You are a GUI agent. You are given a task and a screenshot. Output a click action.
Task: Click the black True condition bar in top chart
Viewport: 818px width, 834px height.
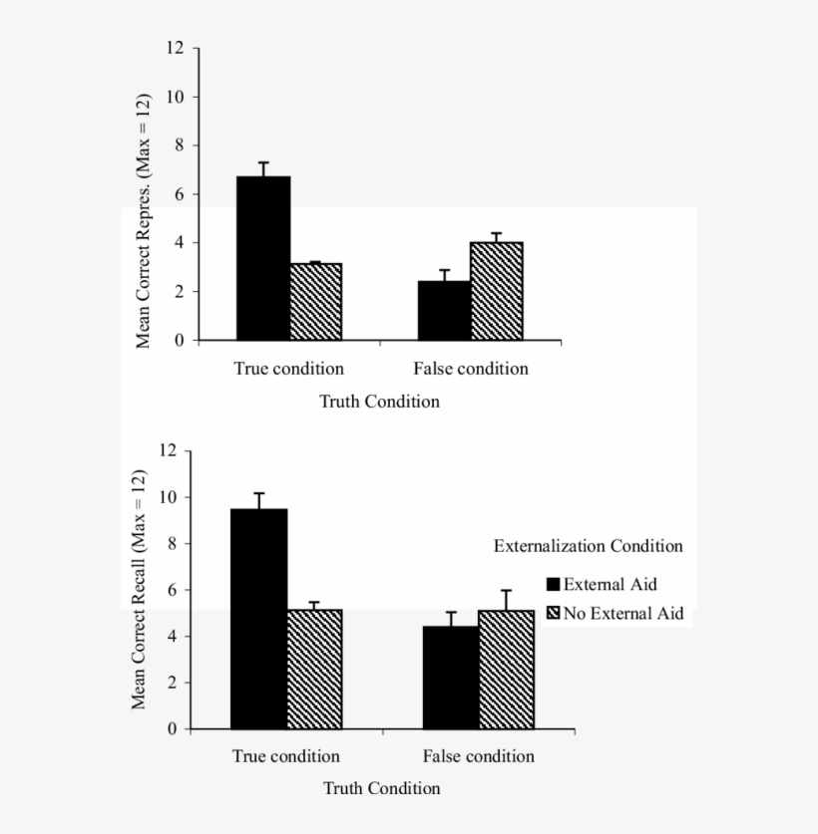[263, 258]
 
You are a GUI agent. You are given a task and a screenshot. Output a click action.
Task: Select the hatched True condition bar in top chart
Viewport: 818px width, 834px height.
[316, 302]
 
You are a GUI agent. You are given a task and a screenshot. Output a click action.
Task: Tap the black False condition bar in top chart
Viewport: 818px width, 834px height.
[444, 311]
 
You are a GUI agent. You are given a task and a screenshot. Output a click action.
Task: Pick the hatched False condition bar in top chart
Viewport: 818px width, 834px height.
[497, 291]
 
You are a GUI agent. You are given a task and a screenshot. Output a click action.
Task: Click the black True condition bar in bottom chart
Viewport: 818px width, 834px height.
[259, 618]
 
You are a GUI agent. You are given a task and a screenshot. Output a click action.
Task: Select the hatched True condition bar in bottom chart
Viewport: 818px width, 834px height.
[314, 669]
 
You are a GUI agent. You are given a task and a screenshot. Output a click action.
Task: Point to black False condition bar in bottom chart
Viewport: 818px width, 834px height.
[451, 677]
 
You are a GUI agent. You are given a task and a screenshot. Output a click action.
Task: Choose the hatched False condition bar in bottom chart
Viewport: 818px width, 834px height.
[507, 669]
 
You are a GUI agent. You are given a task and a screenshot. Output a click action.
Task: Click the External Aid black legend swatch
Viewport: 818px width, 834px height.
[553, 585]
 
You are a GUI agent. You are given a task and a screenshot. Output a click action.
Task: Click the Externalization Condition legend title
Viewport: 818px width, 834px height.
[588, 546]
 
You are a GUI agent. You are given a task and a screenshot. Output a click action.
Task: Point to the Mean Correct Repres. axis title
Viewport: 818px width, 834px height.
[144, 221]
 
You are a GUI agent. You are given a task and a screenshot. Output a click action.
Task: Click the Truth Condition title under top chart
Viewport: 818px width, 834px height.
[379, 402]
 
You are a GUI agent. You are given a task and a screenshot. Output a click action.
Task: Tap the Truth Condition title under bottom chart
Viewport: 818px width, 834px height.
[381, 788]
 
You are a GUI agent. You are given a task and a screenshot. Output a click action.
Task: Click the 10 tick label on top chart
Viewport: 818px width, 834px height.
[176, 97]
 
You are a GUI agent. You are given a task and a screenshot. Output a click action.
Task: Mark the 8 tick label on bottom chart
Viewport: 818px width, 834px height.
[171, 544]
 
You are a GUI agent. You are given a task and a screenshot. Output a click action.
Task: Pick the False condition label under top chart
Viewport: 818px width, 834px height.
[471, 369]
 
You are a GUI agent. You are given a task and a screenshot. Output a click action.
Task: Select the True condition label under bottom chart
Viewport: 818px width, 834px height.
[286, 756]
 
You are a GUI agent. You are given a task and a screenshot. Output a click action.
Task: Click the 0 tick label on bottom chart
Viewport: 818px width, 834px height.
[172, 729]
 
